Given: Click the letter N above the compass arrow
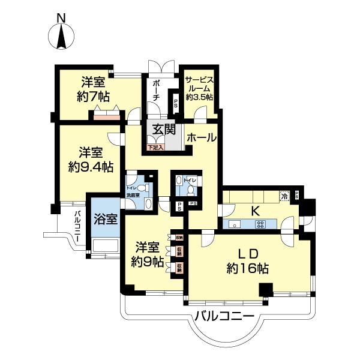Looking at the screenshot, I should (x=61, y=18).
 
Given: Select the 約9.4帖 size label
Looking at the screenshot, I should (x=91, y=167).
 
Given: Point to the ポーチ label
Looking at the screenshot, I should (x=156, y=89).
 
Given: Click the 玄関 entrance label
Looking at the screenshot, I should (x=163, y=129).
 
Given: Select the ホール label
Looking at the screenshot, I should (x=202, y=138).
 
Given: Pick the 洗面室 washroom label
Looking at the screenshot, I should (x=133, y=195).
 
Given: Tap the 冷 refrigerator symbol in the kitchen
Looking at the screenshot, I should (x=284, y=195).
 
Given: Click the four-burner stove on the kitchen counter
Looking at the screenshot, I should (x=261, y=224).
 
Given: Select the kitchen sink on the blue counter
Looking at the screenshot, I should (x=234, y=225).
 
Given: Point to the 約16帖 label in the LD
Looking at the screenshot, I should (x=247, y=268).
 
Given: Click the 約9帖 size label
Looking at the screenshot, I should (x=148, y=262).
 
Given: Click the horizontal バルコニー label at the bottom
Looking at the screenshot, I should (x=224, y=316).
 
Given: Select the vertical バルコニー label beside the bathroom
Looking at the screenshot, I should (x=78, y=229).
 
